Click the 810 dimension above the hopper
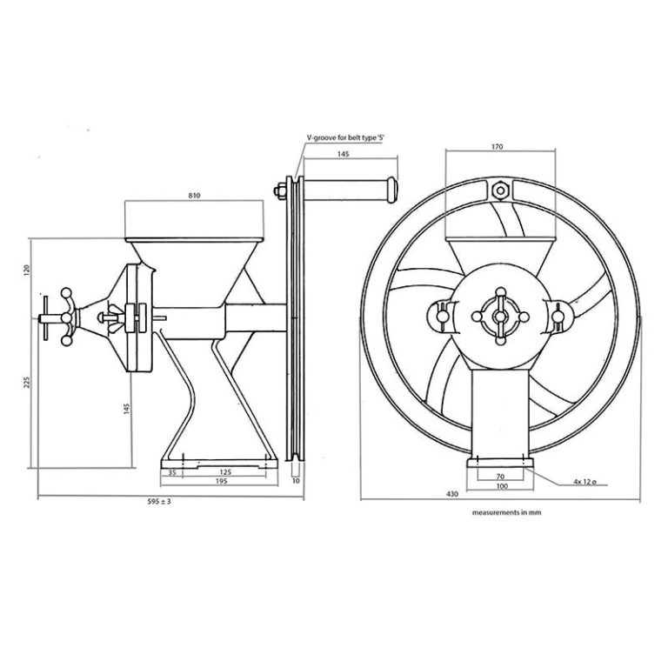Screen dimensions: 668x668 (194, 196)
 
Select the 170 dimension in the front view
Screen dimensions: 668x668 (497, 148)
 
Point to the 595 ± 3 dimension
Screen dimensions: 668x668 (159, 502)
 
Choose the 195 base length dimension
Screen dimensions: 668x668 (220, 481)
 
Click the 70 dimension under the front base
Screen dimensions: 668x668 (500, 477)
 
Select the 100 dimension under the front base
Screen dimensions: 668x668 (500, 486)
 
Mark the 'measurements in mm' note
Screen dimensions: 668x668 (507, 513)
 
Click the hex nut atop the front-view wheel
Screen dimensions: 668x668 (500, 189)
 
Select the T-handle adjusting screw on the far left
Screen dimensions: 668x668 (54, 318)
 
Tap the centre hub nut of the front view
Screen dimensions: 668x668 (500, 315)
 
